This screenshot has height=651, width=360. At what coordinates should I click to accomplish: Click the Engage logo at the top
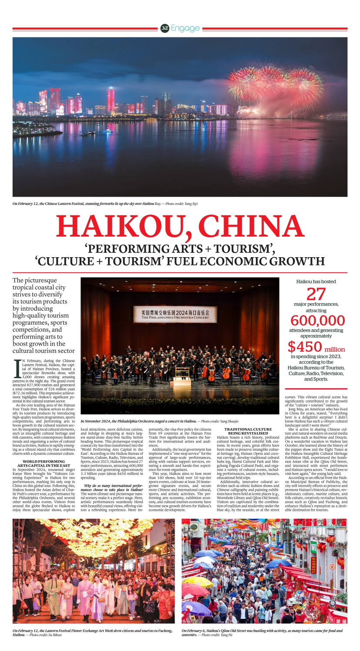[180, 28]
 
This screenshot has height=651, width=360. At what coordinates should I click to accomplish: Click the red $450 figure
[304, 347]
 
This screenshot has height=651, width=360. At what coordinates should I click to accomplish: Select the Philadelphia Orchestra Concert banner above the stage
[175, 314]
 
